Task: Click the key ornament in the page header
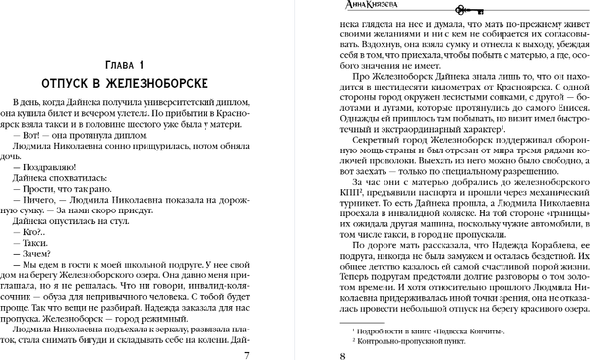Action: (429, 5)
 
